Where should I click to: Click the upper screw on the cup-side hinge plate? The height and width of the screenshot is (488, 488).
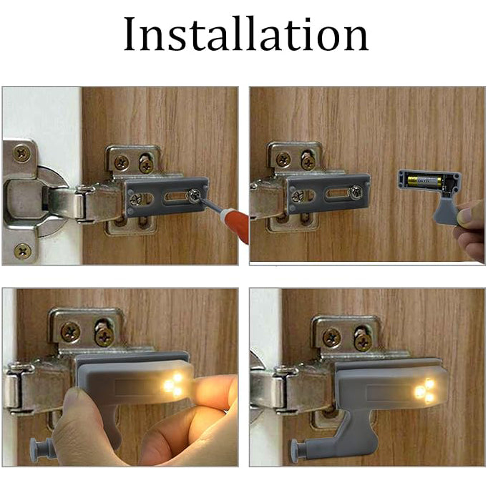tap(23, 152)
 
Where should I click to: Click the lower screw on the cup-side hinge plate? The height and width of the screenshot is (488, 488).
tap(23, 250)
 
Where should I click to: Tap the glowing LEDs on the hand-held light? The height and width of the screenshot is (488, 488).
tap(173, 384)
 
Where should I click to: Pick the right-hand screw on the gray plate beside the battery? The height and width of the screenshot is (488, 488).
tap(355, 192)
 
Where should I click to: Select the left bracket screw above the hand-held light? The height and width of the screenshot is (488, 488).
tap(69, 331)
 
